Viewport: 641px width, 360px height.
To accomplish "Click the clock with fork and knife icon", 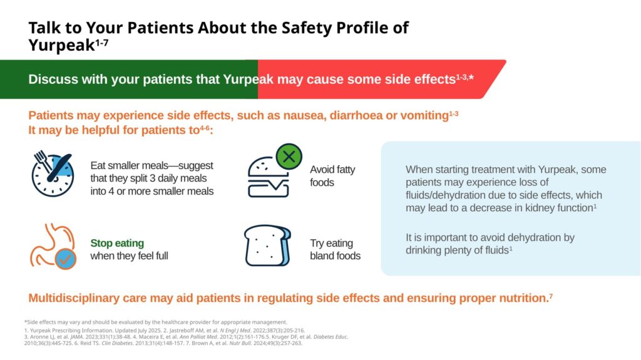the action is tap(53, 173).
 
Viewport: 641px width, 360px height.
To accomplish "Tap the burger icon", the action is tap(269, 177).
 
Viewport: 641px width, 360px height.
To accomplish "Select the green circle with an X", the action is tap(289, 157).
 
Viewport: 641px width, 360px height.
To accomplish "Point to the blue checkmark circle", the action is tap(65, 259).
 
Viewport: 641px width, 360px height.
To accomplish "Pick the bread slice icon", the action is tap(268, 245).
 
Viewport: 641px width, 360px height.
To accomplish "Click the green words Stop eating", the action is tap(117, 243).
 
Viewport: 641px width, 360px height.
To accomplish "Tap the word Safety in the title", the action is tap(307, 28).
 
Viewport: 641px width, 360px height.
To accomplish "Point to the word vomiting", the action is tap(424, 116).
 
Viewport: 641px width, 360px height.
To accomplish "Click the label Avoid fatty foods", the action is tap(332, 176).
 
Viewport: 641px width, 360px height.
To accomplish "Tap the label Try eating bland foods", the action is tap(336, 250).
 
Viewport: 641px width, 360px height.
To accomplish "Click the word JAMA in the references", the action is tap(77, 337).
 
